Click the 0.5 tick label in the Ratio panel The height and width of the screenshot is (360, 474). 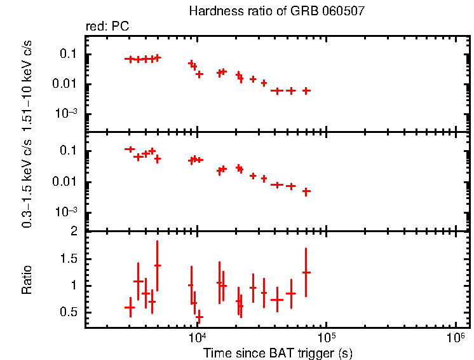click(x=71, y=312)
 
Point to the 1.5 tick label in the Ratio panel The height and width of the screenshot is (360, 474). click(x=71, y=259)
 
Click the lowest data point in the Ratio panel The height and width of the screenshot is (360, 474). click(x=200, y=317)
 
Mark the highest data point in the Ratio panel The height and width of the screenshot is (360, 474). click(x=158, y=265)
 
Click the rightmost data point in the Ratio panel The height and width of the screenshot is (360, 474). click(x=306, y=272)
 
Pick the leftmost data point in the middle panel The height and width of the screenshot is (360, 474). click(x=130, y=149)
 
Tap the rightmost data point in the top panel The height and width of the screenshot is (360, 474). click(x=306, y=91)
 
